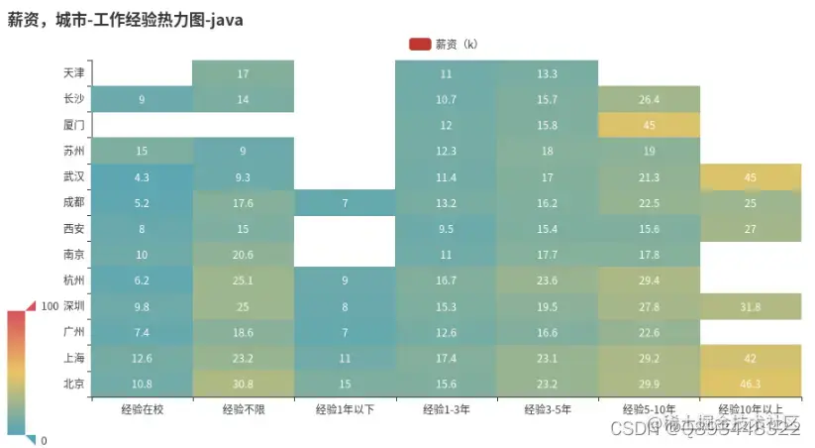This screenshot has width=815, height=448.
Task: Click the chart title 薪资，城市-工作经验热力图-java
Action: (x=126, y=19)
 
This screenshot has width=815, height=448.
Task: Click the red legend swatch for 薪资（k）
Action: (x=419, y=44)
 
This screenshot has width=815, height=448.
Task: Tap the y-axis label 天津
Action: (x=73, y=73)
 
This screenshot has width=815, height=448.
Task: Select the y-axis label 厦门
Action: (x=73, y=125)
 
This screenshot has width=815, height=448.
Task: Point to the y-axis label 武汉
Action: (x=73, y=176)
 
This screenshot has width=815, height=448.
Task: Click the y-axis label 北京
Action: (x=73, y=384)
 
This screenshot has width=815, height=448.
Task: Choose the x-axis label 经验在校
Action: (x=142, y=408)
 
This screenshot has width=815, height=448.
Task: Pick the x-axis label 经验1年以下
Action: (x=345, y=408)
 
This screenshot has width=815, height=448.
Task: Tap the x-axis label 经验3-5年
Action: (x=547, y=408)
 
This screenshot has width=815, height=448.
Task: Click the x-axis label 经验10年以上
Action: (x=750, y=408)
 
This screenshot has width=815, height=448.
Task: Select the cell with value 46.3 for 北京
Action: (x=750, y=384)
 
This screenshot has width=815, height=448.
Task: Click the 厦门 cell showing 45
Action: (x=649, y=125)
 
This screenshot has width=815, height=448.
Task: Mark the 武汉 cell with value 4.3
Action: (x=142, y=176)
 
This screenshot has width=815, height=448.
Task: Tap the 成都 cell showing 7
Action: (x=345, y=203)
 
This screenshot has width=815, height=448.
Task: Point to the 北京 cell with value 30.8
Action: (x=243, y=384)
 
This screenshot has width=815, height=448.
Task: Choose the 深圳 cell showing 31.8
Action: (x=750, y=306)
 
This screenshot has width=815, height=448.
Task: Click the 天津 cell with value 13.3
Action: (x=547, y=73)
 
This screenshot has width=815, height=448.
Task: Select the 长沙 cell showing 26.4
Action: (x=649, y=99)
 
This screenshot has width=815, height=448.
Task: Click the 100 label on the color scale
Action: (x=50, y=307)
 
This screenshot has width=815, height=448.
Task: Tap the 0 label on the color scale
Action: (x=44, y=440)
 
